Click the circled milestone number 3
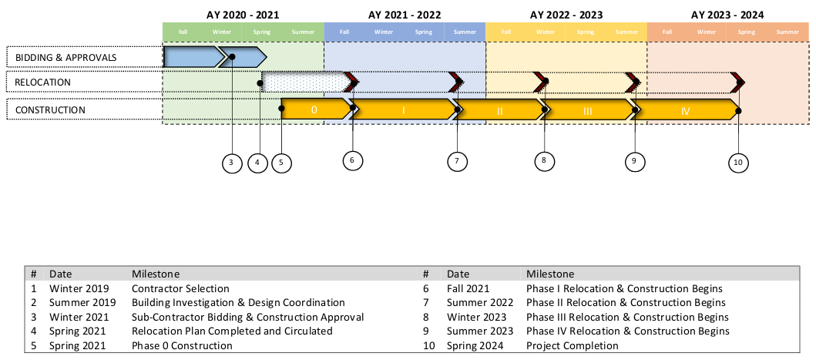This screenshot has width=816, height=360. coord(232,163)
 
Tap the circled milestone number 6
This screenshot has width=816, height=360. coord(352,160)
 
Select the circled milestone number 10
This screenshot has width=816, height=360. coord(738,162)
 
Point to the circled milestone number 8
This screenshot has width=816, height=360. coord(544,160)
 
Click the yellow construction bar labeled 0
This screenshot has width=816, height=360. coord(314,110)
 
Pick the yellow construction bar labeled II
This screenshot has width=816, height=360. coord(499,111)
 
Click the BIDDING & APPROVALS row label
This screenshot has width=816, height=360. coord(66,57)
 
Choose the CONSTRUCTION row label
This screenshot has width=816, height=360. coord(50,110)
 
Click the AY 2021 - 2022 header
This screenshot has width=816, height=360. coord(405,15)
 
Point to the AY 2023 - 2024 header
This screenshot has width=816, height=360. coord(727,15)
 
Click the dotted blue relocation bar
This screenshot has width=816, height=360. coord(304,82)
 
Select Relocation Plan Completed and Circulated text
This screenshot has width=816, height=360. coord(232,331)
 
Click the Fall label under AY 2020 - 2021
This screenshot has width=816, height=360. coord(183,32)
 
